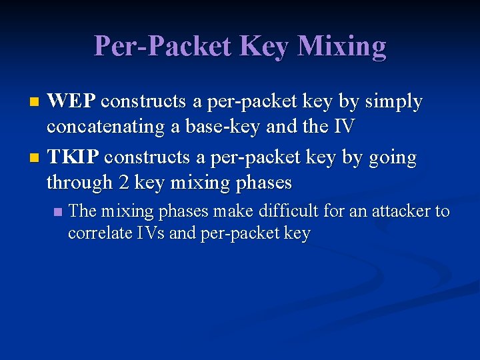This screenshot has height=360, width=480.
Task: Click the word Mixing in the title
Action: tap(341, 47)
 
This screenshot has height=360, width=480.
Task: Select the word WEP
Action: tap(72, 101)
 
